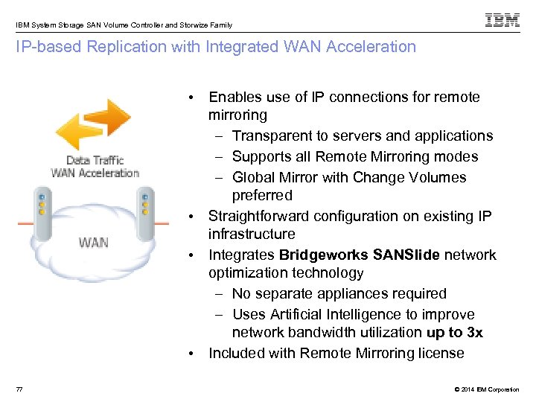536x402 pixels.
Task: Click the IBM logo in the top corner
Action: click(x=502, y=20)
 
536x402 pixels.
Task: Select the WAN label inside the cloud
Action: click(x=93, y=242)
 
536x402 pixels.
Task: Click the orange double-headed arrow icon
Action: click(x=94, y=126)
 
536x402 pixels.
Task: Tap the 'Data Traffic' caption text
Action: click(x=95, y=160)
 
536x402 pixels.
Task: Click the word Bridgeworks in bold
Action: click(x=322, y=255)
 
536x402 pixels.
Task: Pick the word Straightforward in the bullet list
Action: click(x=262, y=216)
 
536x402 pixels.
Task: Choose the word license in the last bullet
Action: click(x=440, y=353)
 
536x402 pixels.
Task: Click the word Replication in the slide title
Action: click(x=130, y=47)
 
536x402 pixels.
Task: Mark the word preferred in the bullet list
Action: click(x=262, y=195)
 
